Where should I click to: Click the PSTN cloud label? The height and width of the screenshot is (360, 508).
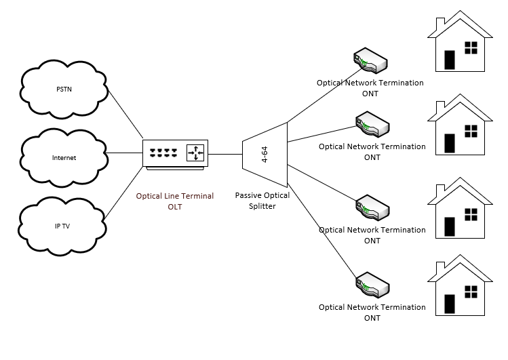64,89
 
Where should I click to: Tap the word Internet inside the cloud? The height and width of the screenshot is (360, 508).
64,158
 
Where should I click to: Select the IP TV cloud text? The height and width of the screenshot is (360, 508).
62,226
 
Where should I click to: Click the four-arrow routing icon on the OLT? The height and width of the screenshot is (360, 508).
195,153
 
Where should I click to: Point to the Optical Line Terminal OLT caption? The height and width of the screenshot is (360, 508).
174,201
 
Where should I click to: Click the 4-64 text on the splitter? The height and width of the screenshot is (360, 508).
265,155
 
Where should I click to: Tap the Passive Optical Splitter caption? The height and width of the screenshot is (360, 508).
262,201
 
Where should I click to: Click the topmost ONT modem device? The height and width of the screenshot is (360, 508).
370,60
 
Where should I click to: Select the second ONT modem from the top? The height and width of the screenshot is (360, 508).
372,124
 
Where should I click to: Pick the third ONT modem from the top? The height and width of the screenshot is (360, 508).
372,208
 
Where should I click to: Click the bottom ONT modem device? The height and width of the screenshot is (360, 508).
372,285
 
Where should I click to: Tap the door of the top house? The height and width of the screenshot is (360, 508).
450,60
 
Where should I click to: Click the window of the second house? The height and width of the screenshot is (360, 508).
471,131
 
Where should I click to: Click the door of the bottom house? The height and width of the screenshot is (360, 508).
450,304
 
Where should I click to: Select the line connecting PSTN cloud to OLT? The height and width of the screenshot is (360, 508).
125,114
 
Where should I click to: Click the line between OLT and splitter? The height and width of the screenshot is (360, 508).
225,154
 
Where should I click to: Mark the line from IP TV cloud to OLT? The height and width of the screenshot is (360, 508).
123,193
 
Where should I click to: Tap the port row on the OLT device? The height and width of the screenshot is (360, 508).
163,153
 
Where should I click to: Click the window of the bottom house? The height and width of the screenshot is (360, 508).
471,292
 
